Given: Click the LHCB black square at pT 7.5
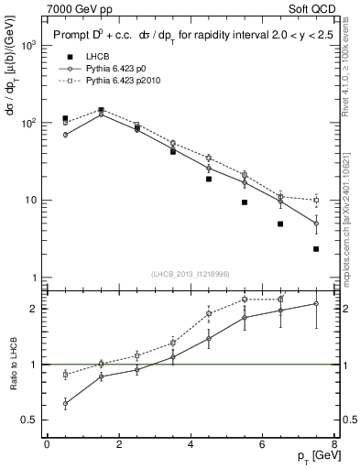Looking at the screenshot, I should coord(316,249).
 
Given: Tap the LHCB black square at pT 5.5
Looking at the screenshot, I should coord(245,202).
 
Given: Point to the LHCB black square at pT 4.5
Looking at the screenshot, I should coord(209,180).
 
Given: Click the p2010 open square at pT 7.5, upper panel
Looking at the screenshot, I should coord(316,200).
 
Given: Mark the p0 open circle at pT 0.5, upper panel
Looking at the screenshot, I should coord(65,135).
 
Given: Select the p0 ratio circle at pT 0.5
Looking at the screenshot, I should coord(65,403).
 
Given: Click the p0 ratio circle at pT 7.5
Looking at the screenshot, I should coord(316,304).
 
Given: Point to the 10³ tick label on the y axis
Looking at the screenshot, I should coord(30,45).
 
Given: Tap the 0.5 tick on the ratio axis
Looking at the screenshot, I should coord(29,420).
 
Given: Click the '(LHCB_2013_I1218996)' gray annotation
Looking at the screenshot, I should coord(191,274).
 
